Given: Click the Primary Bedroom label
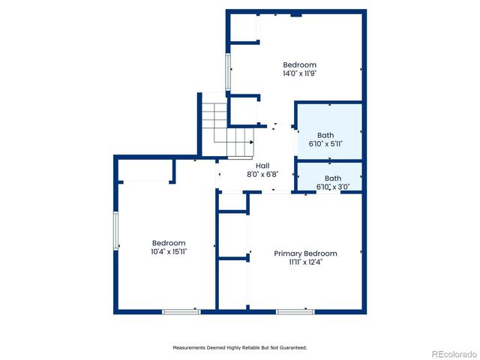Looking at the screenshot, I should (304, 253).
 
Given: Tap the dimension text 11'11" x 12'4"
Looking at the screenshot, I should (304, 262).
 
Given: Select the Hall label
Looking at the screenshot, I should (262, 166).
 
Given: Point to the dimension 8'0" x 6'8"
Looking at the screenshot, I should (262, 174).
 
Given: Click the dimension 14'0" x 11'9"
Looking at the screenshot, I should (299, 73).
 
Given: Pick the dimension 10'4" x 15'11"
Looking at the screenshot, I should (169, 252).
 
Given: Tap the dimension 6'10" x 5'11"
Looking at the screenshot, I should (325, 143).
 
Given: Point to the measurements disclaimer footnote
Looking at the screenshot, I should (240, 348).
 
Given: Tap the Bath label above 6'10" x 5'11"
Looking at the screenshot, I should (325, 135).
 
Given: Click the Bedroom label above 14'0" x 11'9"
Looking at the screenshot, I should (299, 64).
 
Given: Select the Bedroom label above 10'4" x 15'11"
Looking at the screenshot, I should (169, 243).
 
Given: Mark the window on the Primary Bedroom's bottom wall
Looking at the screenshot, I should (295, 311).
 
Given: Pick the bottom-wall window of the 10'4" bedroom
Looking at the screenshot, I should (181, 311).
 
